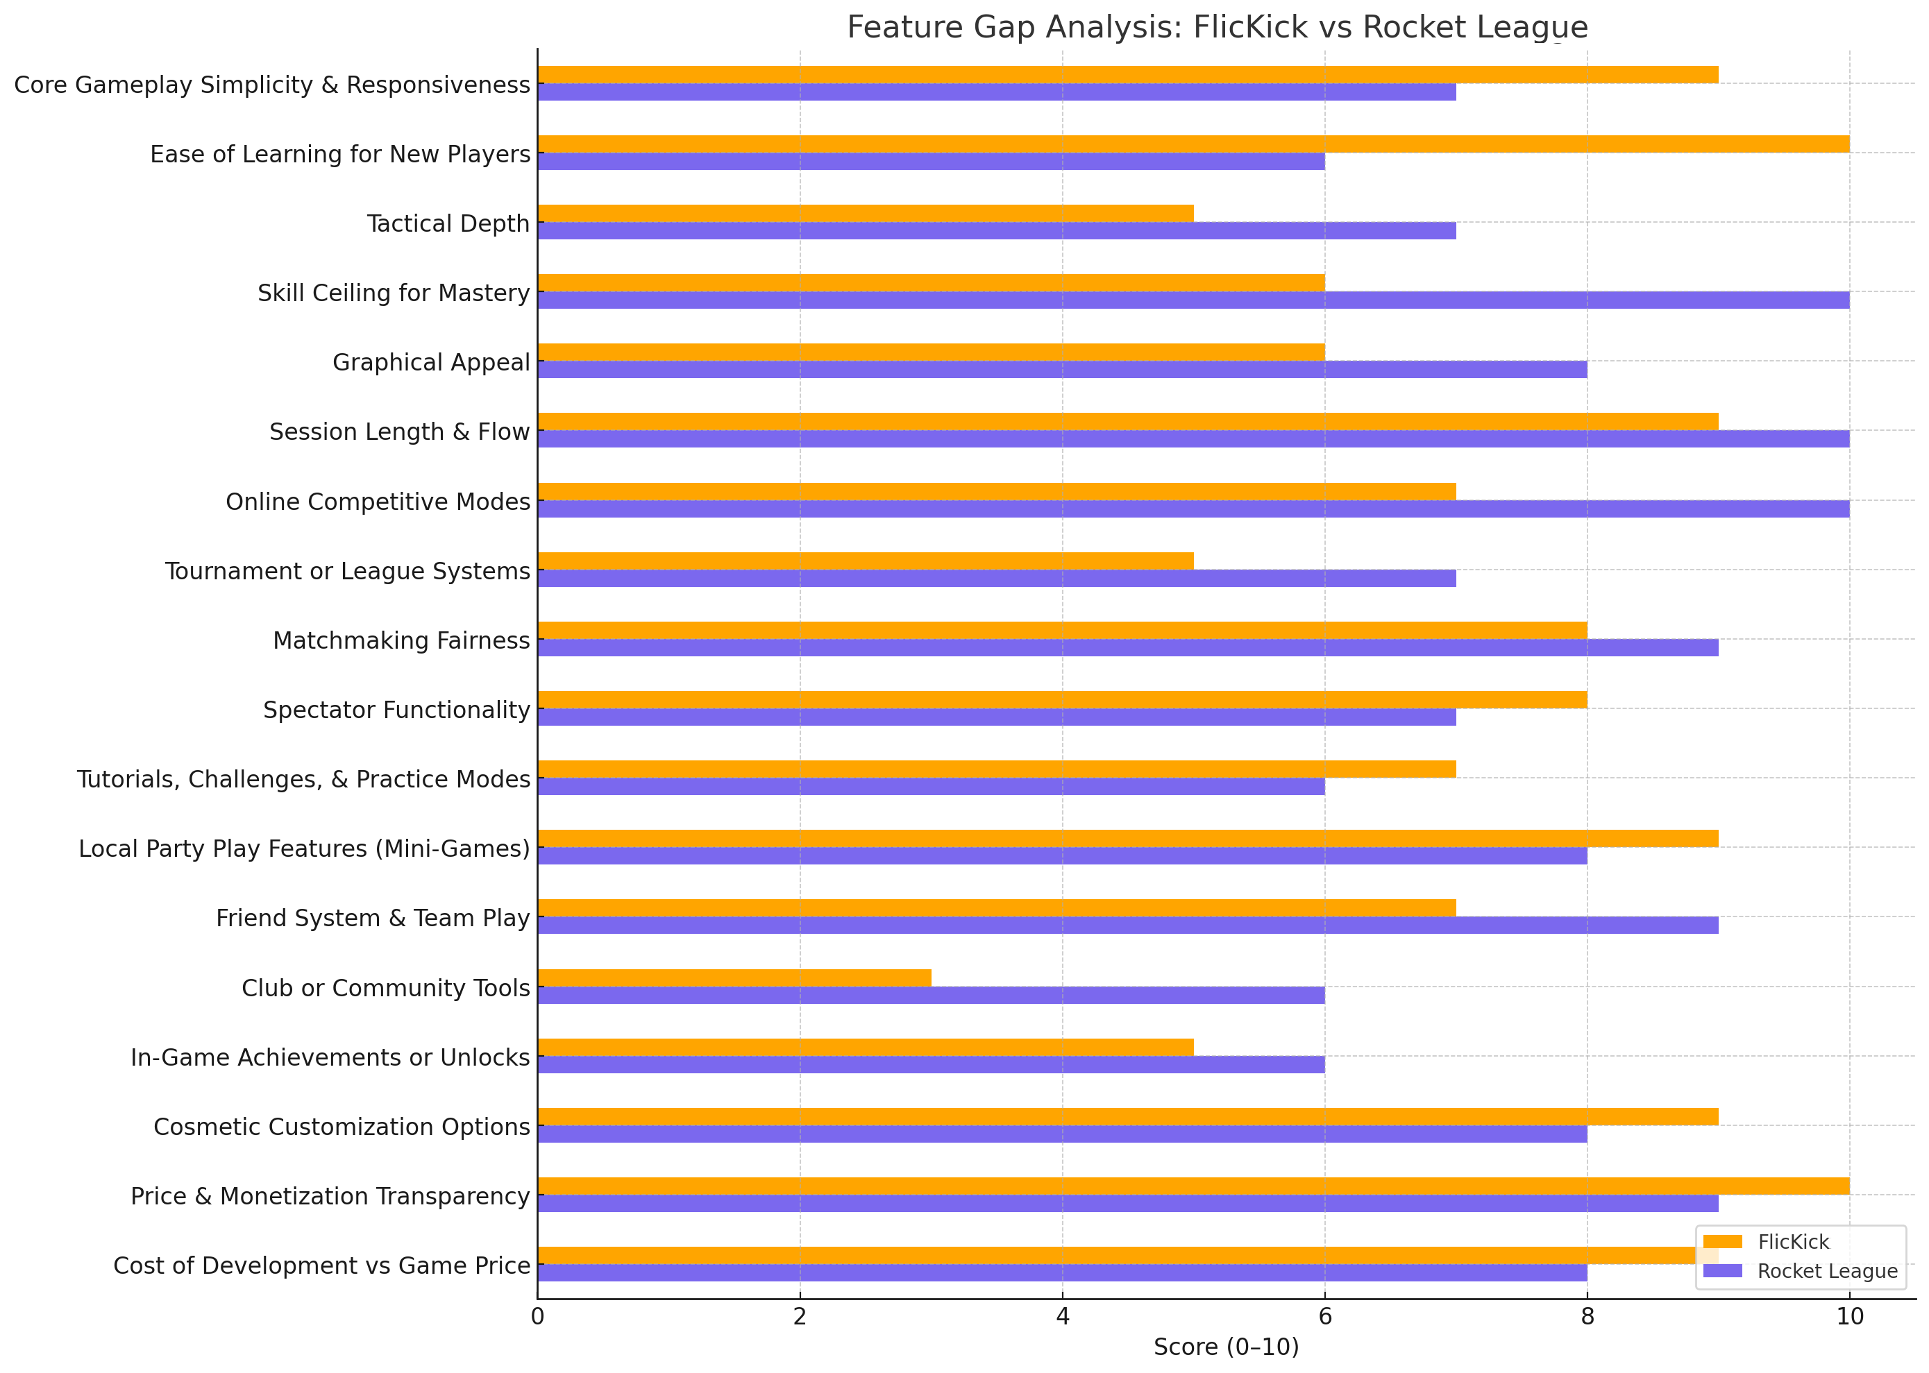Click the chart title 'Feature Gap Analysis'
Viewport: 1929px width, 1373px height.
1217,27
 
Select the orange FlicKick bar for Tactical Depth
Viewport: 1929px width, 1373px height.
865,213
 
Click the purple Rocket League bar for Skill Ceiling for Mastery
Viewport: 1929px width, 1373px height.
1193,300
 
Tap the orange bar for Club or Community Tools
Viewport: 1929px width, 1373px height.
734,978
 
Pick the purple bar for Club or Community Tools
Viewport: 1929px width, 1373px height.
930,995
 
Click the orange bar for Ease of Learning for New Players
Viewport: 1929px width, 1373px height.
1193,144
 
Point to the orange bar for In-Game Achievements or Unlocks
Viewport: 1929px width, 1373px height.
865,1047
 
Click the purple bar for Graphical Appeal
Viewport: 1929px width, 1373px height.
1061,370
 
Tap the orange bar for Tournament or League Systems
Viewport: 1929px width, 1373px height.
865,561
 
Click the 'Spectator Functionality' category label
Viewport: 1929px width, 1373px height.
396,710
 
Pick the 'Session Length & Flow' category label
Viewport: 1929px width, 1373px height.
399,432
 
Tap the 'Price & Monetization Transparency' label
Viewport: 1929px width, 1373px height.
330,1196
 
